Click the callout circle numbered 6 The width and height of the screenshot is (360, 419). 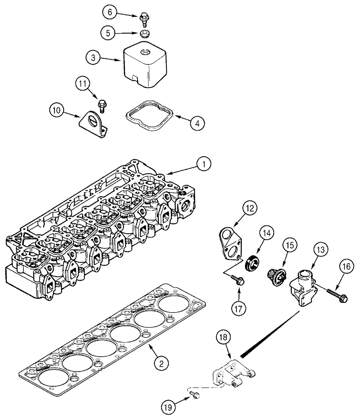(110, 13)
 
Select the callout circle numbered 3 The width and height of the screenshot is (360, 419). (94, 58)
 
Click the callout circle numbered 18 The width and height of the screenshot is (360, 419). (223, 338)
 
